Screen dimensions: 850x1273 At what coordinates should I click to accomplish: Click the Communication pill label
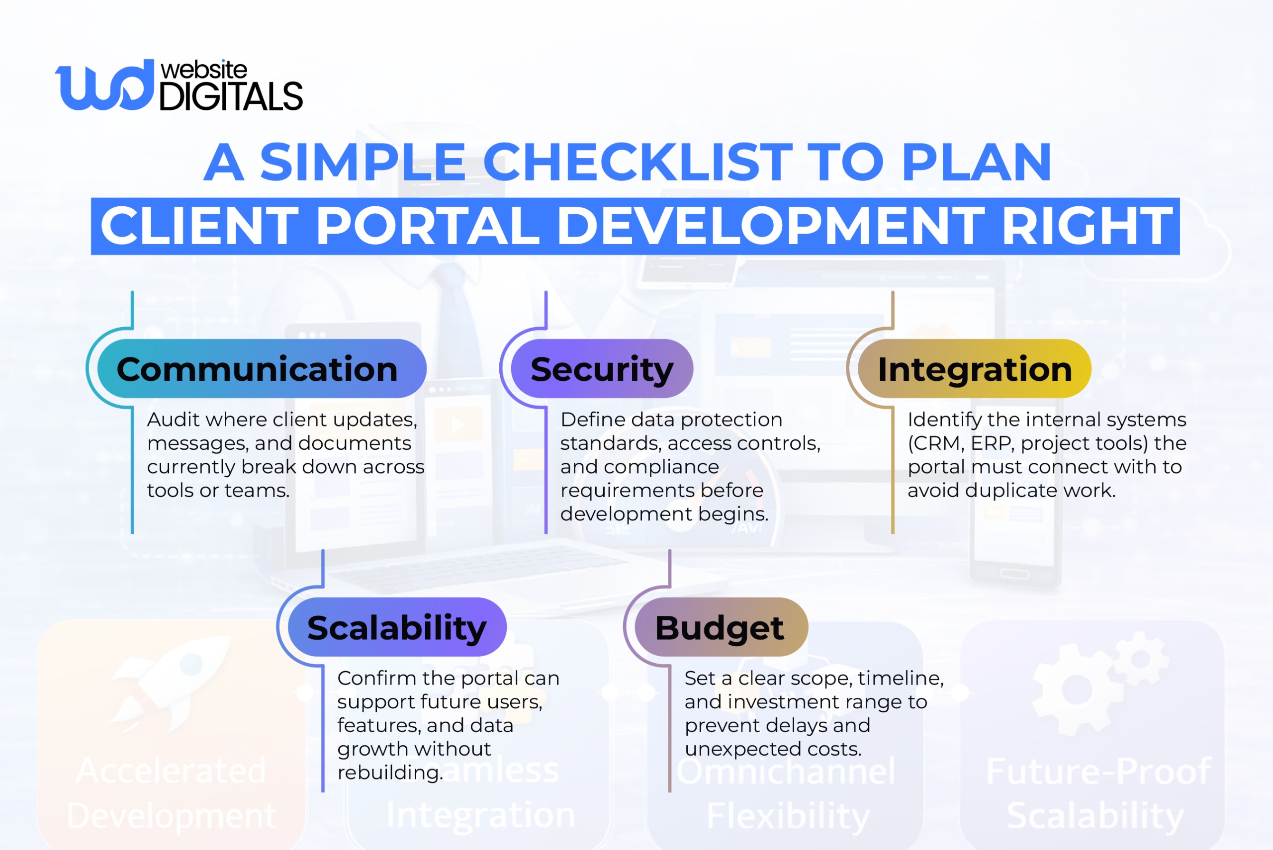click(258, 370)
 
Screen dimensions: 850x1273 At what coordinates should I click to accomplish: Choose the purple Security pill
click(602, 370)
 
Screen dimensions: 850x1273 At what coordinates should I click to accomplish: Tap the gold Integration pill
click(975, 370)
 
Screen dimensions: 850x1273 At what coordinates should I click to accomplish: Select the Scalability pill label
click(397, 628)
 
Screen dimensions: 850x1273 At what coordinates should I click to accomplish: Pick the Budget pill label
click(720, 628)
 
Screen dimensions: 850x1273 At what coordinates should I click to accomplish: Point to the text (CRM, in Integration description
click(936, 443)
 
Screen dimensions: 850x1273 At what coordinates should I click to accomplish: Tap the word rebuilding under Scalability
click(390, 772)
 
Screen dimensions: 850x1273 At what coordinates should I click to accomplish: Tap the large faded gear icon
click(1076, 689)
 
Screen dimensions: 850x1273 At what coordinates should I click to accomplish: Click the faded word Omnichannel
click(786, 771)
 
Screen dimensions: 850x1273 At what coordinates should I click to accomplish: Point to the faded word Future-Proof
click(1098, 771)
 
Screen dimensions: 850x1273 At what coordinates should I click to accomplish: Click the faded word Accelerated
click(171, 770)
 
